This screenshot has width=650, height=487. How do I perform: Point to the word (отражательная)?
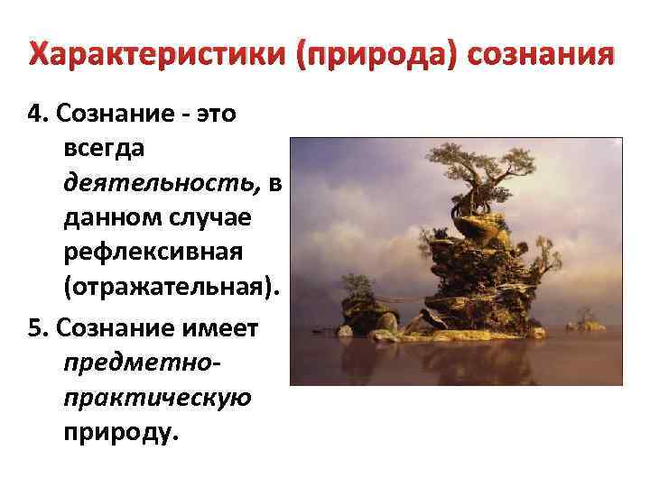pos(172,291)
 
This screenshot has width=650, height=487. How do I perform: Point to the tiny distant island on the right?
pos(591,323)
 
